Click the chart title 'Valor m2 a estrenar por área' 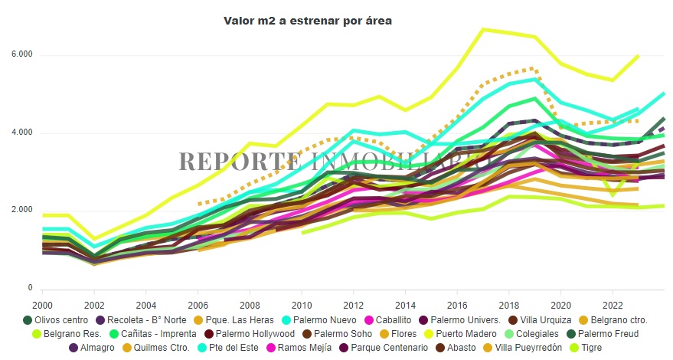[307, 21]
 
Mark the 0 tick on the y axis [31, 288]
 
